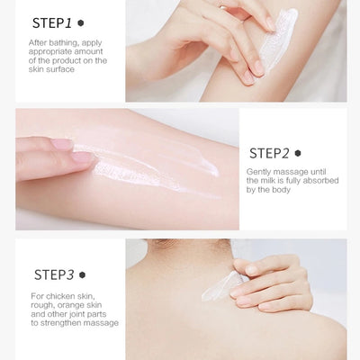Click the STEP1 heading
(x=51, y=22)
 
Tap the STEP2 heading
(x=267, y=153)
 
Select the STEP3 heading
(x=53, y=274)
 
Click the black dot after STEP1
(x=81, y=22)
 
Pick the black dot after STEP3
(x=82, y=274)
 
